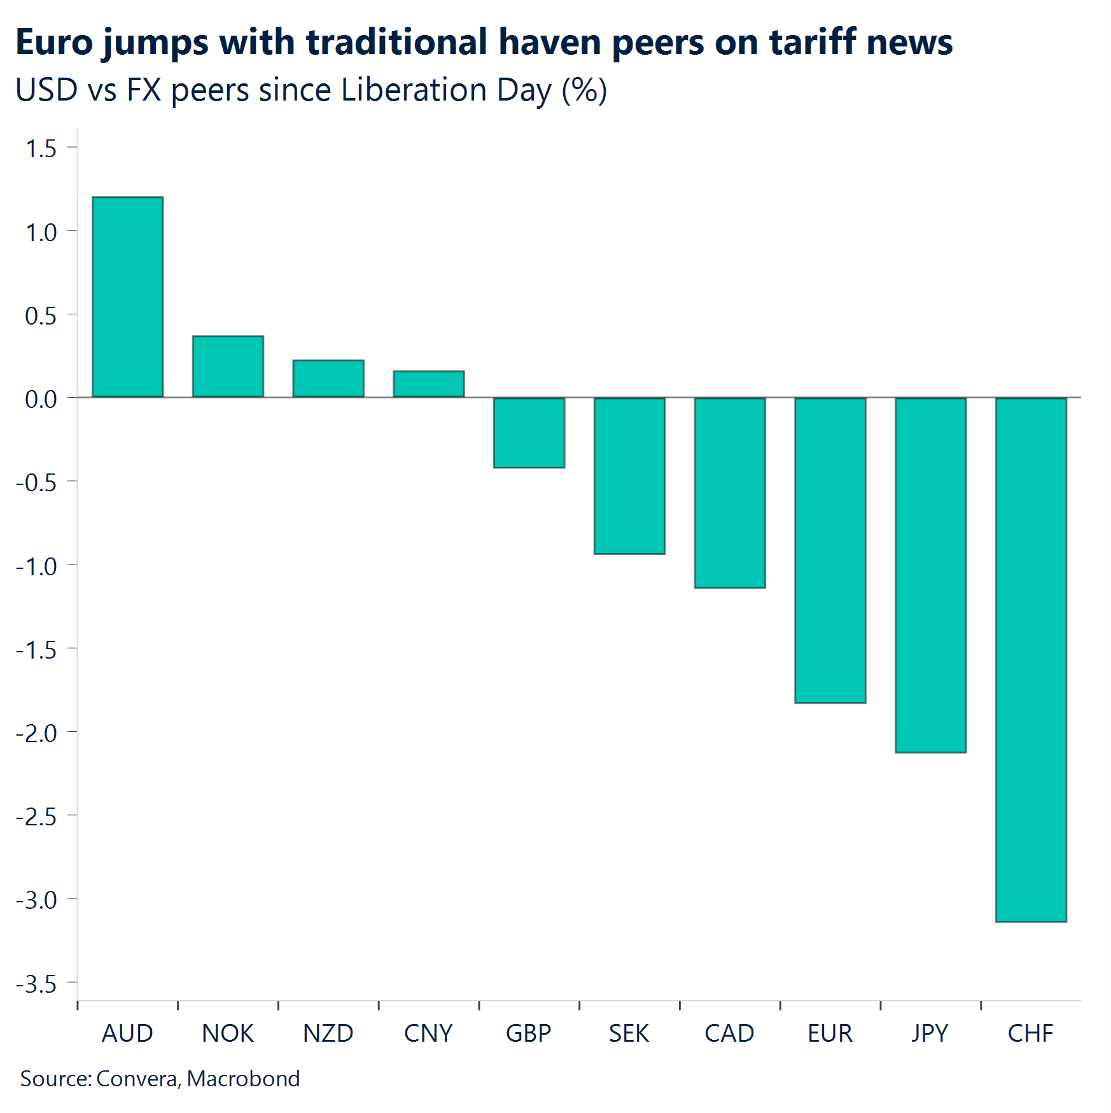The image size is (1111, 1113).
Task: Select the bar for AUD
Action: pyautogui.click(x=128, y=297)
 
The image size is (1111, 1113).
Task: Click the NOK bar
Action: pyautogui.click(x=228, y=367)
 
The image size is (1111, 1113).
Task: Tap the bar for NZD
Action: pyautogui.click(x=328, y=379)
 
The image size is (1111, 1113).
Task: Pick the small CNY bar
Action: pyautogui.click(x=429, y=384)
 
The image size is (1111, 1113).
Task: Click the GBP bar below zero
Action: pyautogui.click(x=529, y=433)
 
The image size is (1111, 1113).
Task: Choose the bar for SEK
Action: pyautogui.click(x=629, y=475)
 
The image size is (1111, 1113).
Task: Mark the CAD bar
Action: pyautogui.click(x=730, y=493)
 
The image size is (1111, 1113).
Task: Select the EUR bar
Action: pyautogui.click(x=830, y=550)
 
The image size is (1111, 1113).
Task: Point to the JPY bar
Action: pyautogui.click(x=930, y=575)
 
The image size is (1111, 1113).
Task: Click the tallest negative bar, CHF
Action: pyautogui.click(x=1031, y=659)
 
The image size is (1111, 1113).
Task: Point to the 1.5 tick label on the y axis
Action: pyautogui.click(x=41, y=149)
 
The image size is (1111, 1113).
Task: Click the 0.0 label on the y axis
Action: pyautogui.click(x=41, y=400)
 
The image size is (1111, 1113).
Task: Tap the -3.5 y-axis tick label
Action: pyautogui.click(x=36, y=984)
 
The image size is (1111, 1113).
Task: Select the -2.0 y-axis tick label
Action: pyautogui.click(x=36, y=734)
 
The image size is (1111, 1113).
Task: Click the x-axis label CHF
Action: pyautogui.click(x=1030, y=1033)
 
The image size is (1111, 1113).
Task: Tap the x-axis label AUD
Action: pyautogui.click(x=127, y=1033)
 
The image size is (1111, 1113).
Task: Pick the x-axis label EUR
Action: pyautogui.click(x=830, y=1033)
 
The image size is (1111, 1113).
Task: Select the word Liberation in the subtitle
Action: pyautogui.click(x=414, y=90)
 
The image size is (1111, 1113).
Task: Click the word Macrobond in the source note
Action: pyautogui.click(x=243, y=1079)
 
